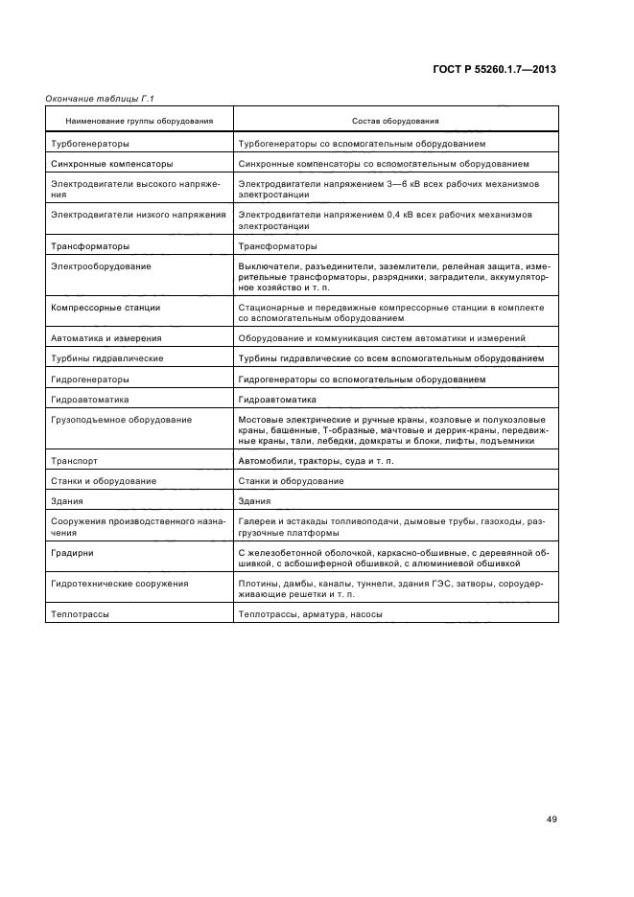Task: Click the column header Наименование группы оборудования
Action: [139, 122]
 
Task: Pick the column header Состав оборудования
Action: [395, 122]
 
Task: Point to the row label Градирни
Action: [72, 554]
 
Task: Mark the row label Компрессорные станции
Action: [106, 308]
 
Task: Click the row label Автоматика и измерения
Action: [106, 338]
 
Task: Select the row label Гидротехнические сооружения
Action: [119, 584]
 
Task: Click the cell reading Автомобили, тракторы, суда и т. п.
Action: [316, 460]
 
